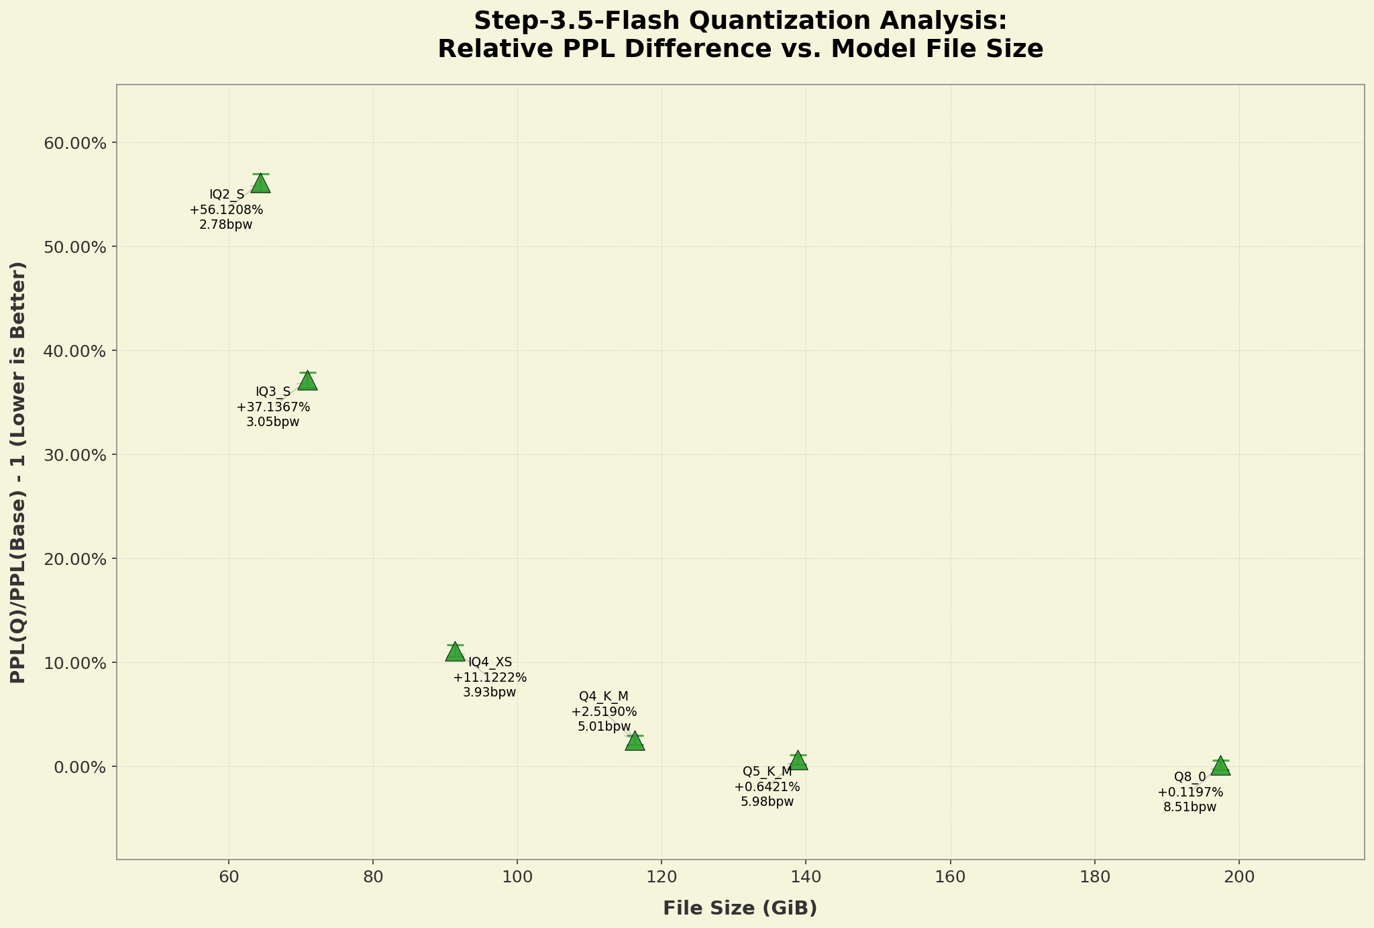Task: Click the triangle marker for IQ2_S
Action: pyautogui.click(x=260, y=183)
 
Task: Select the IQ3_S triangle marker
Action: pyautogui.click(x=307, y=380)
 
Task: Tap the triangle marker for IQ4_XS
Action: pyautogui.click(x=455, y=652)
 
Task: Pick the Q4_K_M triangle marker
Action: pyautogui.click(x=635, y=741)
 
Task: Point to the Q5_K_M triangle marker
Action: pyautogui.click(x=798, y=760)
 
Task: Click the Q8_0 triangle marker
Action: pyautogui.click(x=1220, y=766)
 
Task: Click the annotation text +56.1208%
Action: pyautogui.click(x=227, y=210)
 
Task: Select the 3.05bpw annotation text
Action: pyautogui.click(x=273, y=422)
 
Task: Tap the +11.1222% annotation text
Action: pyautogui.click(x=490, y=678)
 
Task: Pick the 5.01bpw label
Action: pyautogui.click(x=604, y=726)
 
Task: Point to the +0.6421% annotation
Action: pyautogui.click(x=767, y=786)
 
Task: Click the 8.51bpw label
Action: pyautogui.click(x=1190, y=807)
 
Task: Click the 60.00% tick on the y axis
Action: pyautogui.click(x=74, y=143)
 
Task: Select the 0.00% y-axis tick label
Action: pyautogui.click(x=78, y=767)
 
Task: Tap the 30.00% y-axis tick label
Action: pyautogui.click(x=74, y=455)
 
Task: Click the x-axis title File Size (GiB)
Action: pyautogui.click(x=740, y=909)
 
